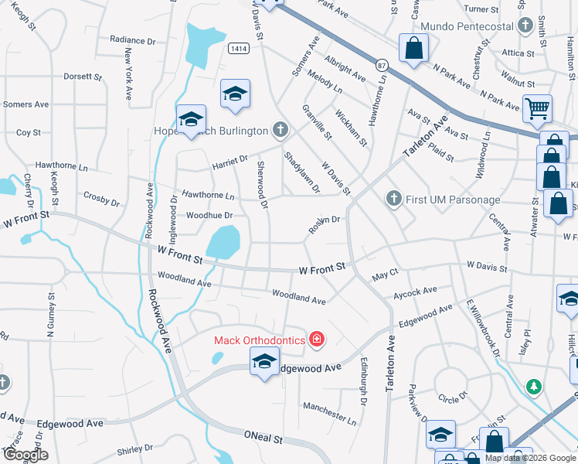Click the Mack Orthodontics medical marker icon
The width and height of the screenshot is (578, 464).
point(315,339)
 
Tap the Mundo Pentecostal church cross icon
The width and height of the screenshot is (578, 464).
point(525,26)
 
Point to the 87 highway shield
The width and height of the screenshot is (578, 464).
point(382,66)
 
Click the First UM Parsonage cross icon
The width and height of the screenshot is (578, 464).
point(394,200)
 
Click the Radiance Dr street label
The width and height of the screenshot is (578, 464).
point(133,39)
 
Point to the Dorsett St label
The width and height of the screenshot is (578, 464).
point(83,77)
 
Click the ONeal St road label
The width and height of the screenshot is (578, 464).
point(263,438)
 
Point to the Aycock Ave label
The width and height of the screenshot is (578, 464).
point(415,292)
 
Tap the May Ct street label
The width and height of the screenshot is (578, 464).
point(384,274)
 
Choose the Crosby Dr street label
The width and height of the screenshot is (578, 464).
point(101,200)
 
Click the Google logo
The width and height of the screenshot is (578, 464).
point(25,455)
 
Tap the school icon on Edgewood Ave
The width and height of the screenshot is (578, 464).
point(264,361)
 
